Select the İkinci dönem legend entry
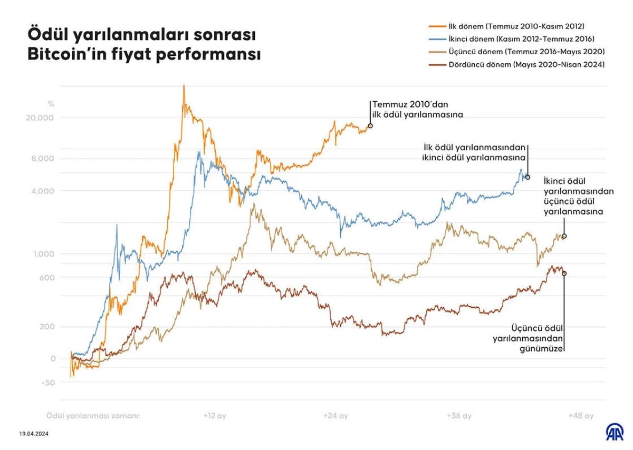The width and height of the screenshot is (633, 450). [510, 39]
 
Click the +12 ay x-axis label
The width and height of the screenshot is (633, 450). [214, 416]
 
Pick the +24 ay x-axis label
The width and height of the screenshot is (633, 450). [336, 416]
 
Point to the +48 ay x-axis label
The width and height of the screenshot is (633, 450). [581, 416]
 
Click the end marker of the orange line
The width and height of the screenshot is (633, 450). [370, 125]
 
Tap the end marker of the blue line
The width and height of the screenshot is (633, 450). [527, 178]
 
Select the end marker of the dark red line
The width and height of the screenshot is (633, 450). [564, 273]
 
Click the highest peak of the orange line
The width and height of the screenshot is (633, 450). [184, 86]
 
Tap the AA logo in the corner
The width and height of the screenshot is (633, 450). [613, 433]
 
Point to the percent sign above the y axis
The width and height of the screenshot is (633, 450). [50, 103]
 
